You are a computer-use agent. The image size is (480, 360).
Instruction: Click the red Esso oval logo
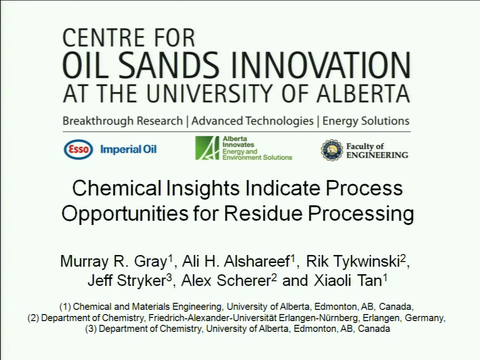[x=78, y=150]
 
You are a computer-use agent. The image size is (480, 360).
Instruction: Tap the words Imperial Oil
[x=128, y=150]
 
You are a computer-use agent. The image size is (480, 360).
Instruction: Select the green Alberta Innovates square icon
[x=207, y=148]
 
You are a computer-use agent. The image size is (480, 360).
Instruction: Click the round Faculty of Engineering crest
[x=332, y=150]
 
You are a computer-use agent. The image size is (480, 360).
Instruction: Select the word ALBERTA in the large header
[x=363, y=93]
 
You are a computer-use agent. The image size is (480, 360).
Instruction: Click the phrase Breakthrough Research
[x=122, y=121]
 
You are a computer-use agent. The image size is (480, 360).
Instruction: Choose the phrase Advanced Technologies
[x=253, y=121]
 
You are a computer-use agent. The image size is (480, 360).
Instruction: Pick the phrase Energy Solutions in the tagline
[x=366, y=121]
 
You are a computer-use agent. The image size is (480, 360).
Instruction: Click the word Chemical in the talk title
[x=117, y=188]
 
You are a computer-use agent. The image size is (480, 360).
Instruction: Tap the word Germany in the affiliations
[x=424, y=318]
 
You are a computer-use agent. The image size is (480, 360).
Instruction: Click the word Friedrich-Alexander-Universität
[x=212, y=318]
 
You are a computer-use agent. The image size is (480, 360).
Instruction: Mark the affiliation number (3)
[x=91, y=329]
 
